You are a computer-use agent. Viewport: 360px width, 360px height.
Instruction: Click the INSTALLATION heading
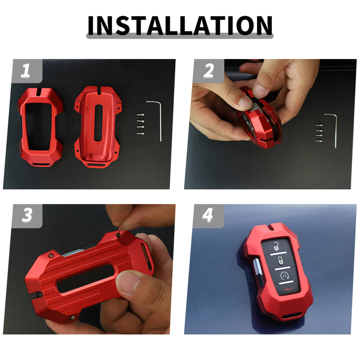(180, 25)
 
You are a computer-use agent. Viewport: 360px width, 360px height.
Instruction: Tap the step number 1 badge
(27, 71)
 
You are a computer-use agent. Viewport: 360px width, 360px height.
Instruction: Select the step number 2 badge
(208, 71)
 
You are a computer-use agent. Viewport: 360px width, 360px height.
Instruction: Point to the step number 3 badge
(27, 216)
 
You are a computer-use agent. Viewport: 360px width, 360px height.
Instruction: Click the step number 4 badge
(208, 216)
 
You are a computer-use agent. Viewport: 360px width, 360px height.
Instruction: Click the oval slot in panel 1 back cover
(98, 122)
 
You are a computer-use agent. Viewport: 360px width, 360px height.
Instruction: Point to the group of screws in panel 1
(141, 124)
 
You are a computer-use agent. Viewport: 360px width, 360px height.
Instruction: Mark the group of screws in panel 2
(319, 133)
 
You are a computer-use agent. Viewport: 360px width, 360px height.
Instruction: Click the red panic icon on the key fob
(288, 289)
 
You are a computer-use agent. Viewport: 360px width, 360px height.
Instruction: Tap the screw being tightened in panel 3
(118, 234)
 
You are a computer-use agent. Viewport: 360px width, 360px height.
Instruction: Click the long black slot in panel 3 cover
(85, 278)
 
